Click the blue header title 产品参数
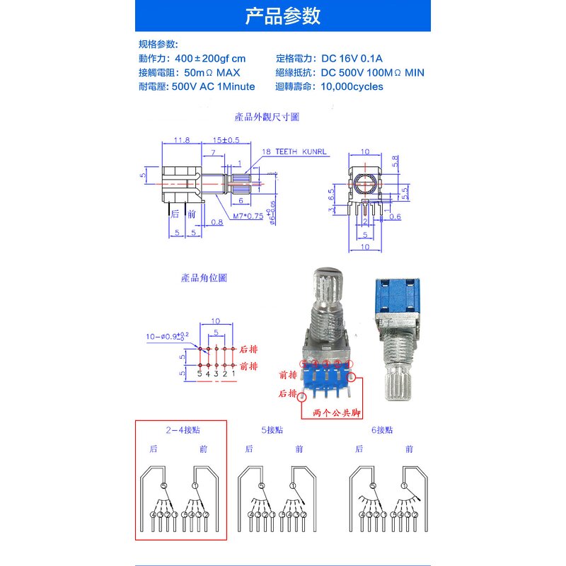(x=282, y=16)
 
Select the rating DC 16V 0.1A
(x=352, y=59)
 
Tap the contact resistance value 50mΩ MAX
(x=212, y=73)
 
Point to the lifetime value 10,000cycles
(x=352, y=87)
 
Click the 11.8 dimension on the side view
(x=182, y=140)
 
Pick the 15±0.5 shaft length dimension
(x=226, y=140)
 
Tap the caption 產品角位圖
(x=204, y=278)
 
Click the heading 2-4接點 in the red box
(x=181, y=429)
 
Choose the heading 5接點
(x=272, y=429)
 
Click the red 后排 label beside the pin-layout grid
(x=249, y=350)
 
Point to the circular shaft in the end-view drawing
(x=366, y=185)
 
